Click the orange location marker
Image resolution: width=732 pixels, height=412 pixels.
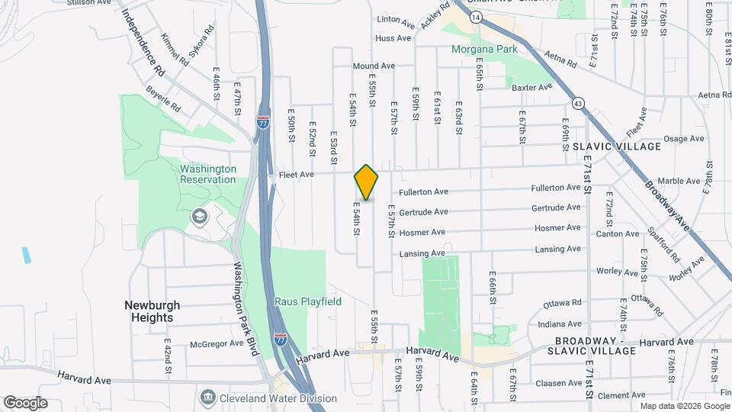(x=367, y=182)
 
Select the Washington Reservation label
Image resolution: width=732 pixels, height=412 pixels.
(x=208, y=174)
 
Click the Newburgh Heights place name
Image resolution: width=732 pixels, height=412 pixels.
(x=149, y=311)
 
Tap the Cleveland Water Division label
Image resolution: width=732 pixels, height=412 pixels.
(x=279, y=398)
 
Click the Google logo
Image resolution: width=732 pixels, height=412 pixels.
(x=25, y=403)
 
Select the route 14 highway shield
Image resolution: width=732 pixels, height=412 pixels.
(x=477, y=16)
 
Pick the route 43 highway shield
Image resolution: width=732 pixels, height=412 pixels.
(x=578, y=103)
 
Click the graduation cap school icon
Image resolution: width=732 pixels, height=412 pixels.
(x=199, y=217)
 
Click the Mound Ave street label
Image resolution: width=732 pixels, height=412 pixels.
(x=374, y=66)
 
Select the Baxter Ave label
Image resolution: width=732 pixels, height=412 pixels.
(x=531, y=87)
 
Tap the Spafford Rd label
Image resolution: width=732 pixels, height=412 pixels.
(x=660, y=240)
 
